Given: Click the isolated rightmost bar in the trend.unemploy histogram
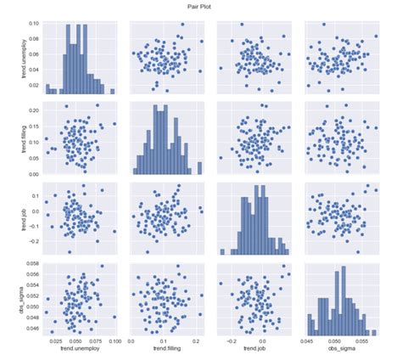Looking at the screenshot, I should point(112,91).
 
